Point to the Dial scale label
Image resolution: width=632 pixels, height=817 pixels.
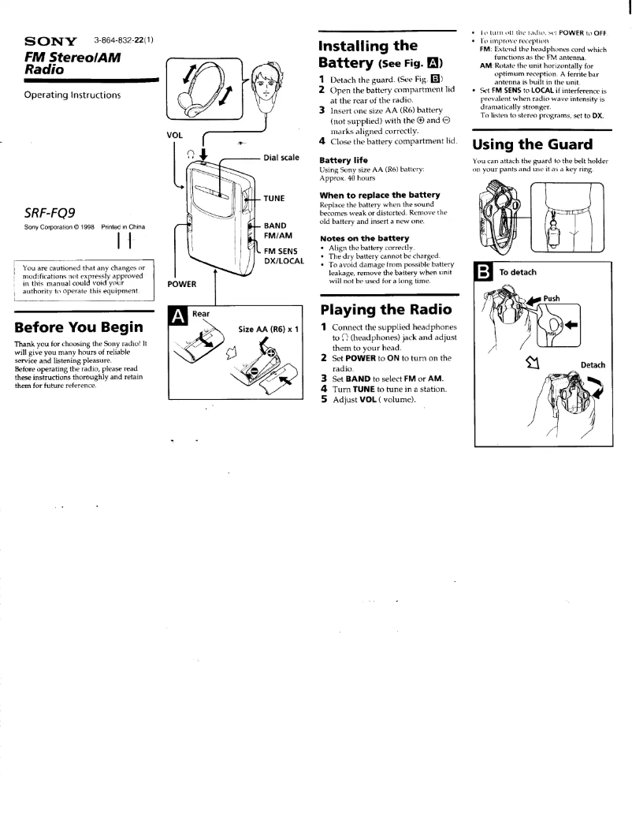[281, 158]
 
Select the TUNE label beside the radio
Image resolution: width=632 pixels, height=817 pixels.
[274, 197]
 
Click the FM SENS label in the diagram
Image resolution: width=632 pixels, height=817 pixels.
[281, 252]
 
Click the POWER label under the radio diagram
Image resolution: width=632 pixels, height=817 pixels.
[182, 284]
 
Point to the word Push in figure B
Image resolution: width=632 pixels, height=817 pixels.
[552, 299]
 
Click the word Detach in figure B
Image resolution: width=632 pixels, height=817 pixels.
[592, 364]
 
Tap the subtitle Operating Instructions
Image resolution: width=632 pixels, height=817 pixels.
[72, 95]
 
